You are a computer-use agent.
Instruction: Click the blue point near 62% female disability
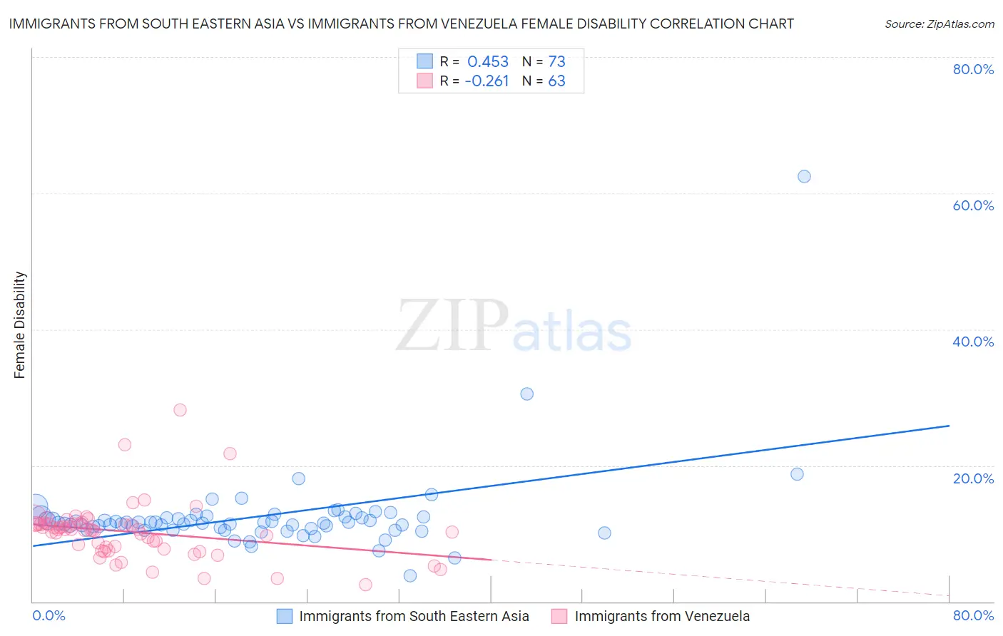[804, 176]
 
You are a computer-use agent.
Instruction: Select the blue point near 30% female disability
[526, 394]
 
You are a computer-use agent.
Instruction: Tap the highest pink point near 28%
[180, 409]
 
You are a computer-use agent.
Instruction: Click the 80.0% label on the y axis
[973, 69]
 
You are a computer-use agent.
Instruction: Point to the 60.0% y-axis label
[973, 205]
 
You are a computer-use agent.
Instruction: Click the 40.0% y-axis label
[973, 342]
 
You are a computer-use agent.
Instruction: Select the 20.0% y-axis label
[973, 478]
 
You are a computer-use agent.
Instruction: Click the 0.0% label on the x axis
[49, 615]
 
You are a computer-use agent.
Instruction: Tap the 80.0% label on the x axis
[973, 615]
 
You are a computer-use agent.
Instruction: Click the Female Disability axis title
[20, 325]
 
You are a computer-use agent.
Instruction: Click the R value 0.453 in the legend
[488, 62]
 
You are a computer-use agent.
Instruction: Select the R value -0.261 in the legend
[487, 81]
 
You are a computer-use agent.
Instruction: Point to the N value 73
[556, 62]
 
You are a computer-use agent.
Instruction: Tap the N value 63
[556, 81]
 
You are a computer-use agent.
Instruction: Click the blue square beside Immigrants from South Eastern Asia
[285, 616]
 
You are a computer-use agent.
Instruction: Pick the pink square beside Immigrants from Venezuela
[559, 616]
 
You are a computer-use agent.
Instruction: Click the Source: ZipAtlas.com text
[939, 24]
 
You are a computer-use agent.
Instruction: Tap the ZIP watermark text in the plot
[452, 326]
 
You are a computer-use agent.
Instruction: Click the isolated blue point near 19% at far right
[797, 474]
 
